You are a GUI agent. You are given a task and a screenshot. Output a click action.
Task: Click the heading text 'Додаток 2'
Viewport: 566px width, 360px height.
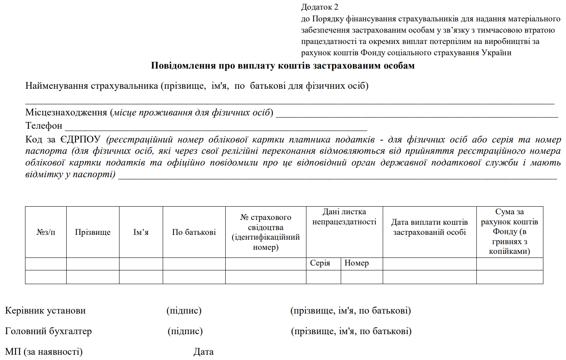coord(319,7)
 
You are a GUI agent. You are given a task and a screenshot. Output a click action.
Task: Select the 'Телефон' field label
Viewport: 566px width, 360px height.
coord(44,126)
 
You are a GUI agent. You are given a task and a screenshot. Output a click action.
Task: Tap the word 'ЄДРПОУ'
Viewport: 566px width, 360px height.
coord(80,140)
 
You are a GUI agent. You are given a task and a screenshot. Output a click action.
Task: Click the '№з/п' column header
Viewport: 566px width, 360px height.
coord(46,232)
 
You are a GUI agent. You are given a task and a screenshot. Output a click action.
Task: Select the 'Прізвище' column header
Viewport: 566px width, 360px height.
coord(92,232)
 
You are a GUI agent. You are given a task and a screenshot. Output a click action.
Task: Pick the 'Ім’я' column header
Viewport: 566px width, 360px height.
coord(141,232)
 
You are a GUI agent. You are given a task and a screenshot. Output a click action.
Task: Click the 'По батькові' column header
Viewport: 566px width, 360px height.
coord(194,232)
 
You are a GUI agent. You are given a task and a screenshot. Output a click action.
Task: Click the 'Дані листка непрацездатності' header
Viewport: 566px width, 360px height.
coord(344,217)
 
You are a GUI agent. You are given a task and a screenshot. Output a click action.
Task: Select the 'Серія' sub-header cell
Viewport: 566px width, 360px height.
coord(320,263)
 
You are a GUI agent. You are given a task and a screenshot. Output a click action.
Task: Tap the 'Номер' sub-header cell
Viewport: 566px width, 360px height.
coord(356,263)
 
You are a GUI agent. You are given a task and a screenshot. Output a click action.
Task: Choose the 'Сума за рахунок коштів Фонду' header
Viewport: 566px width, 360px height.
coord(509,231)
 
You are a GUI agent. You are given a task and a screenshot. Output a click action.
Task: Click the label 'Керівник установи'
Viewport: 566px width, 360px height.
coord(45,311)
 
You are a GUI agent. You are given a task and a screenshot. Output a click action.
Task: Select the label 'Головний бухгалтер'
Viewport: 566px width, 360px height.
coord(48,331)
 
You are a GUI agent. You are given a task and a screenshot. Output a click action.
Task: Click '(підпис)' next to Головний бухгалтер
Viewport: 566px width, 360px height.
coord(185,331)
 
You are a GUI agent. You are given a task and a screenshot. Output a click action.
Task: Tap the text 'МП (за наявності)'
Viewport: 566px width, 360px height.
coord(44,352)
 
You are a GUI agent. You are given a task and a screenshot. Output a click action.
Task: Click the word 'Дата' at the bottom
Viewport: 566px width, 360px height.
coord(203,352)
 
